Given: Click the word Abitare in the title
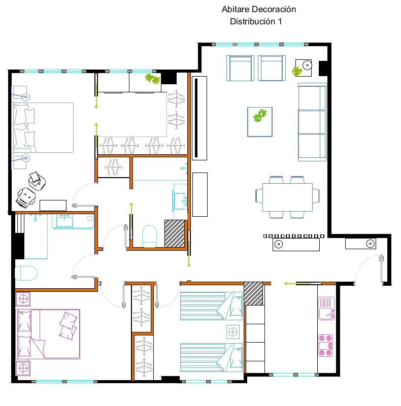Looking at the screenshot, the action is click(x=235, y=9).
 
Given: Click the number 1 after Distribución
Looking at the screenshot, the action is click(x=280, y=21).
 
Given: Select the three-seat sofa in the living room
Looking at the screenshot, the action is click(x=312, y=122).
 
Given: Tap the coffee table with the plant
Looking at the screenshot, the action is click(x=260, y=122).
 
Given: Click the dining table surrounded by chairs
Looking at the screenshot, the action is click(x=287, y=197).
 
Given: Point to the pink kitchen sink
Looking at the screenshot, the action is click(x=326, y=309).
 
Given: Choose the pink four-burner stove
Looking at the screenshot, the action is click(x=325, y=346).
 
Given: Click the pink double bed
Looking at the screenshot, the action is click(x=48, y=334).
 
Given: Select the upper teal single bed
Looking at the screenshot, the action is click(x=211, y=306).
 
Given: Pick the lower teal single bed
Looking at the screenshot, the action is click(x=211, y=358).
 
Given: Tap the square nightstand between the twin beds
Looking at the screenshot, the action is click(x=233, y=332).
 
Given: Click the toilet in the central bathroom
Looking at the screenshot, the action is click(x=149, y=236).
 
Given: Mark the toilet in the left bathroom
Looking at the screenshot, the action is click(x=26, y=273).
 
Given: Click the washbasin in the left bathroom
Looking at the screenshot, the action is click(x=64, y=221).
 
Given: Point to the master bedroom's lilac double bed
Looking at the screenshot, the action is click(x=43, y=127).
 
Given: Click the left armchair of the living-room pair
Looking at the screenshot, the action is click(x=240, y=68).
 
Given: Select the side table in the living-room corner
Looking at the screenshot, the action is click(x=304, y=68).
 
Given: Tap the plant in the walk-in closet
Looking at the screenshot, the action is click(x=153, y=79).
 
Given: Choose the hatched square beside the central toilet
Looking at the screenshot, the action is click(x=175, y=233).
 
